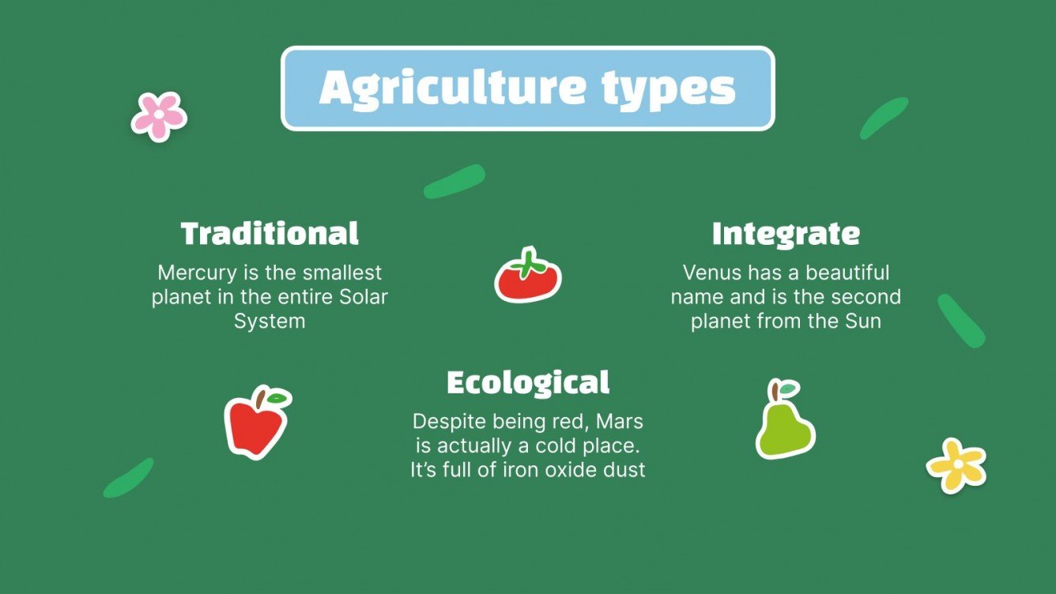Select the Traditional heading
tap(270, 234)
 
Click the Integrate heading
tap(786, 234)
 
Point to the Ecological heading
tap(528, 382)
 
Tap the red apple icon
tap(255, 424)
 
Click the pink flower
tap(159, 115)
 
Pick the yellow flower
tap(956, 465)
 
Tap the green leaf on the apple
tap(278, 398)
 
